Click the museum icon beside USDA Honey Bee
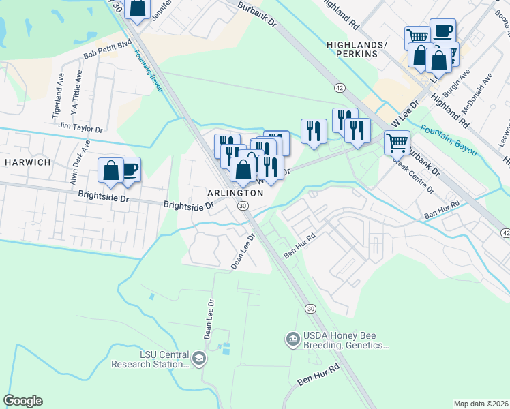[292, 339]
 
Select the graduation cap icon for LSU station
[198, 359]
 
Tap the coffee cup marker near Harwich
[128, 170]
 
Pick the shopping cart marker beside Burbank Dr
[396, 143]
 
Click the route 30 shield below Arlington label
[242, 205]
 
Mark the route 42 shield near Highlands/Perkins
[339, 87]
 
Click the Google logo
[23, 401]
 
